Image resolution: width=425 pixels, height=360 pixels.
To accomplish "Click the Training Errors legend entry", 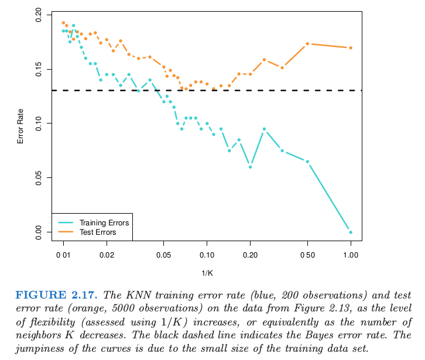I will click(x=104, y=223).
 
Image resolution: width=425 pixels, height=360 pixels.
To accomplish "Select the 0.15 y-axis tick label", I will click(x=39, y=70).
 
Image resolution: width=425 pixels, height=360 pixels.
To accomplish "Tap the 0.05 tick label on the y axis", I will click(x=39, y=178).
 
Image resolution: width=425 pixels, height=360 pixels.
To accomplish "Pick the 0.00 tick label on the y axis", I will click(x=39, y=232).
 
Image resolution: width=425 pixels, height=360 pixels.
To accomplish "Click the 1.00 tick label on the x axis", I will click(x=351, y=256).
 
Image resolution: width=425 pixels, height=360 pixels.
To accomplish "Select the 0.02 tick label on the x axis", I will click(x=107, y=256).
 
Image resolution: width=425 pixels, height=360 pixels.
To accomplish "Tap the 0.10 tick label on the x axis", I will click(x=207, y=256).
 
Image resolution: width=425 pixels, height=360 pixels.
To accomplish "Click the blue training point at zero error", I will click(x=351, y=232).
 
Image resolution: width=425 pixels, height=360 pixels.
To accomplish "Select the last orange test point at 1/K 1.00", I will click(x=351, y=47).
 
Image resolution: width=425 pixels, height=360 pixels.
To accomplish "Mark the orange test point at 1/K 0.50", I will click(x=307, y=44).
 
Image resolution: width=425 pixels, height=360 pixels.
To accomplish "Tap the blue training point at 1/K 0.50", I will click(x=307, y=162).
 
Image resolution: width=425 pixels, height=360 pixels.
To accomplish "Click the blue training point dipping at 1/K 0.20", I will click(x=250, y=167).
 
